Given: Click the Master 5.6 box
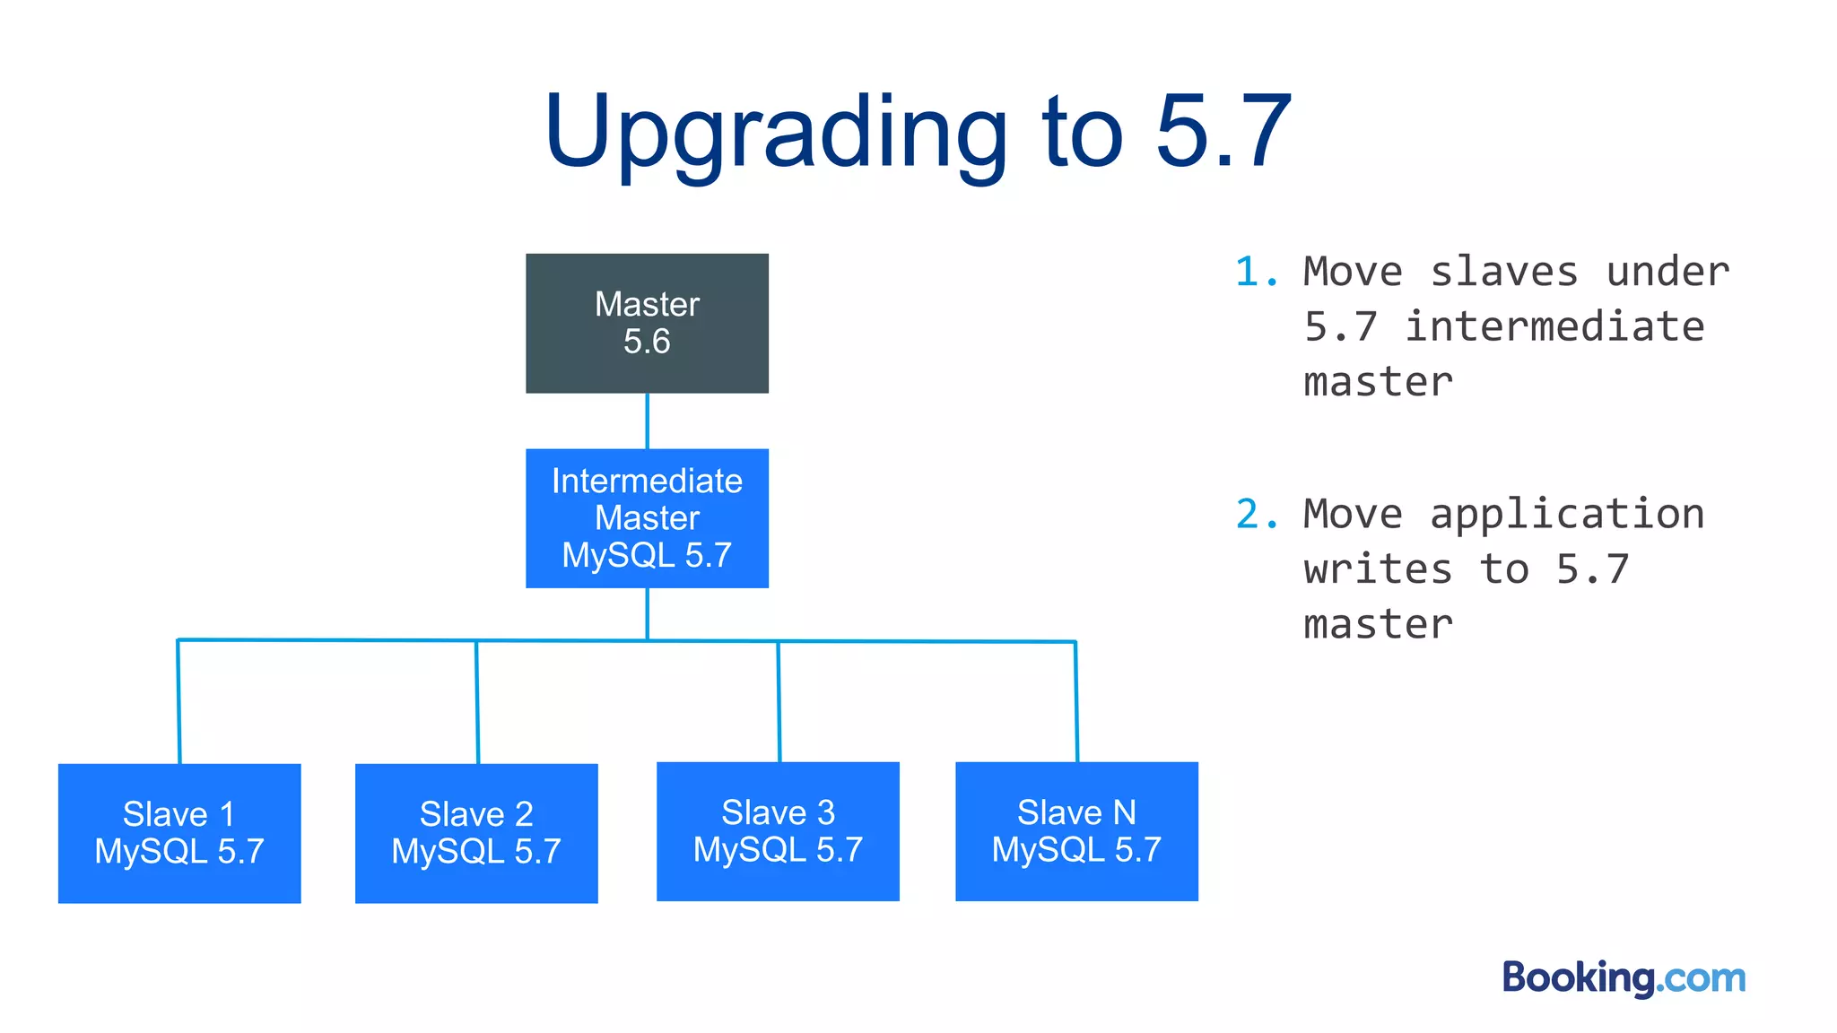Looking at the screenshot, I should pos(647,323).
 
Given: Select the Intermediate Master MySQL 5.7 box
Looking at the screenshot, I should pos(647,517).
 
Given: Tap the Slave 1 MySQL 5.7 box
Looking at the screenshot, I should pos(179,833).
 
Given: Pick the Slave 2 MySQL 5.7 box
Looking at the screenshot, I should pos(476,833).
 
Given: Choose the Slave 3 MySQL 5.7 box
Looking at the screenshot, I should pos(778,831).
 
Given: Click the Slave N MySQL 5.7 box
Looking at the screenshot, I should pos(1076,831).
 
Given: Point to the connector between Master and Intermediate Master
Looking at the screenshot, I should pos(647,421).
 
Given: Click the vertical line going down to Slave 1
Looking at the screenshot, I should pos(178,701).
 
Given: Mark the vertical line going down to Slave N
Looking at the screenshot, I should pos(1076,701).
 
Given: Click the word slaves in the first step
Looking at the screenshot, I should pos(1503,272).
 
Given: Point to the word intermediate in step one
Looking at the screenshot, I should pos(1554,326).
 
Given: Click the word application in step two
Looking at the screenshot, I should pos(1566,515).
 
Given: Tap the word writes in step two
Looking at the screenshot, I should pos(1378,569).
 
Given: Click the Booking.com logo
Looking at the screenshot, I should pos(1624,977).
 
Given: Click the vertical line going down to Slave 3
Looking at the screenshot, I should pos(779,701).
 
